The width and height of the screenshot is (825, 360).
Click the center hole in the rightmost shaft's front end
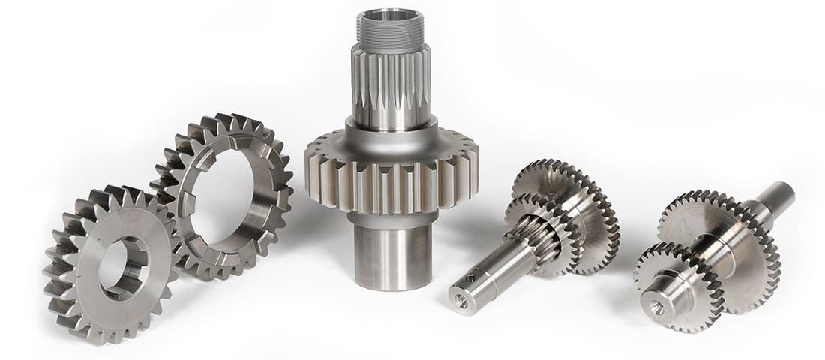[657, 307]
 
